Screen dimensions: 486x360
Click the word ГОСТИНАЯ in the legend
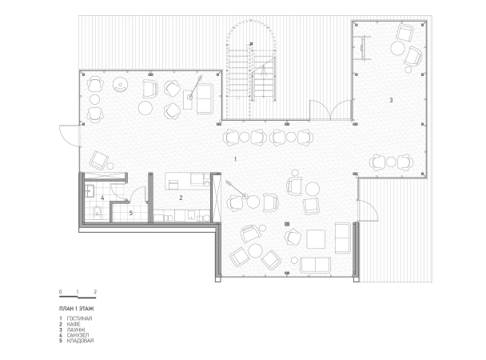(x=79, y=318)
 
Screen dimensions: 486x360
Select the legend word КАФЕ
(x=74, y=324)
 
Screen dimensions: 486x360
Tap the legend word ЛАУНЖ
(x=76, y=330)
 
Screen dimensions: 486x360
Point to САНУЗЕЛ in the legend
(x=78, y=335)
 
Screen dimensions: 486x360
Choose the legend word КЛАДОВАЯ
(x=80, y=341)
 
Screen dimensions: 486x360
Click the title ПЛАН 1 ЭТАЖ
(x=76, y=309)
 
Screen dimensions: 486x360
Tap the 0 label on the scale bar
(x=61, y=292)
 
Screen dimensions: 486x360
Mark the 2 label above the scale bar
(x=95, y=292)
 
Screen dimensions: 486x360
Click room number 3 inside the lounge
(x=391, y=100)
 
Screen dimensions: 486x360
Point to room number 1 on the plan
(x=235, y=159)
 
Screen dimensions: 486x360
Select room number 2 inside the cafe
(x=181, y=198)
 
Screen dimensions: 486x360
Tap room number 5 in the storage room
(x=131, y=213)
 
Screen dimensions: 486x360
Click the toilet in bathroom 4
(x=98, y=211)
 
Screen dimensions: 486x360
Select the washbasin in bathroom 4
(x=90, y=191)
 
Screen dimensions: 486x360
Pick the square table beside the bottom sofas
(x=316, y=239)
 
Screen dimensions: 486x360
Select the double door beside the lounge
(x=331, y=110)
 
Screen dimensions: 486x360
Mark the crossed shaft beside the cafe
(x=216, y=198)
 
